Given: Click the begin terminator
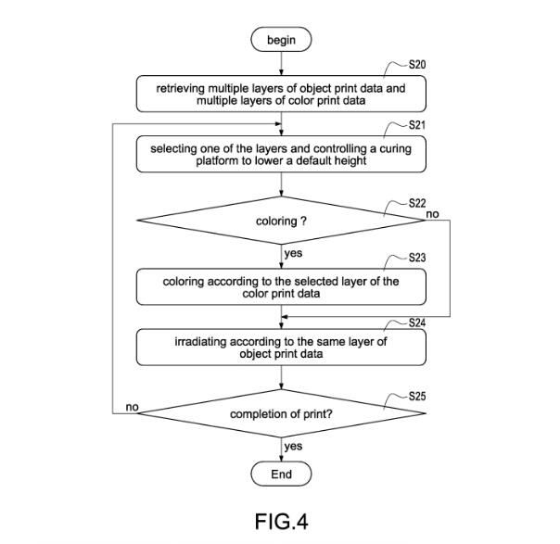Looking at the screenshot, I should point(281,40).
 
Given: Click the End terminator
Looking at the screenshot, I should point(281,474).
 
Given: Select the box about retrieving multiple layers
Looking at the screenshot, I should point(281,92).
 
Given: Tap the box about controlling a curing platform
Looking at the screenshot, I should point(281,154).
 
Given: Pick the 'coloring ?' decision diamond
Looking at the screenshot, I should point(281,221).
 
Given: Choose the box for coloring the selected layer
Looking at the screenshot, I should point(281,287).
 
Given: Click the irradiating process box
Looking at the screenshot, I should point(281,348).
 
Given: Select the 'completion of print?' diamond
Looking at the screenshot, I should point(281,413).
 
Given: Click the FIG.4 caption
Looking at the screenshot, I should point(280,523).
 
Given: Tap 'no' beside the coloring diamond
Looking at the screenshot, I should point(432,214).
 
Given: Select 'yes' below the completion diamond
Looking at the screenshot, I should point(293,447).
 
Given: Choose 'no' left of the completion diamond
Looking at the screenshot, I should point(133,407).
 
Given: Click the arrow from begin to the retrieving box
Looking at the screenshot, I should point(281,63).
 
